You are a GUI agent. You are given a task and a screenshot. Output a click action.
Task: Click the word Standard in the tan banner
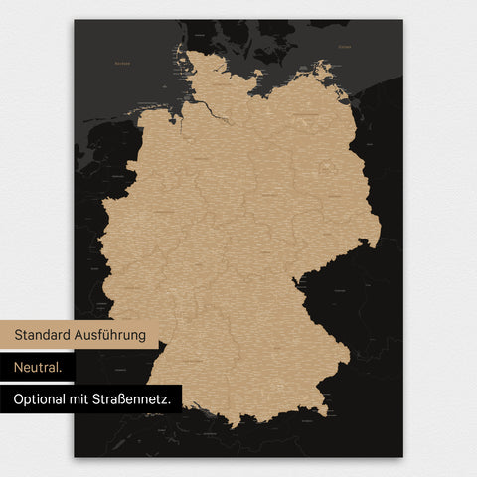46,335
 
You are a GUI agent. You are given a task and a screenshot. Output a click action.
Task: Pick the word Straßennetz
142,399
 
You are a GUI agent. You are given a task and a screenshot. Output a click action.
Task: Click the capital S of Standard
18,335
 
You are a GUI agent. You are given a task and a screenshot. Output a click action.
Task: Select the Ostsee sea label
343,47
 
